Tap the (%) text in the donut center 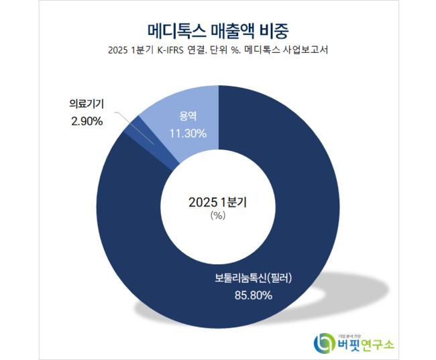pos(217,215)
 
